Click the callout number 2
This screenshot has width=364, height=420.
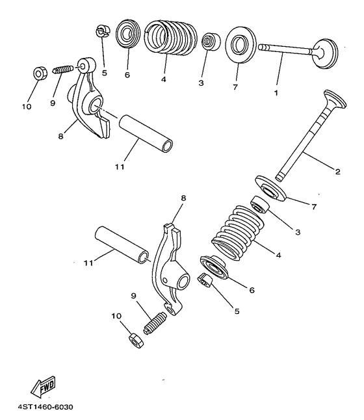pyautogui.click(x=337, y=172)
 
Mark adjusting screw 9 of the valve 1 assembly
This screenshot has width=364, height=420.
pyautogui.click(x=60, y=69)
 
